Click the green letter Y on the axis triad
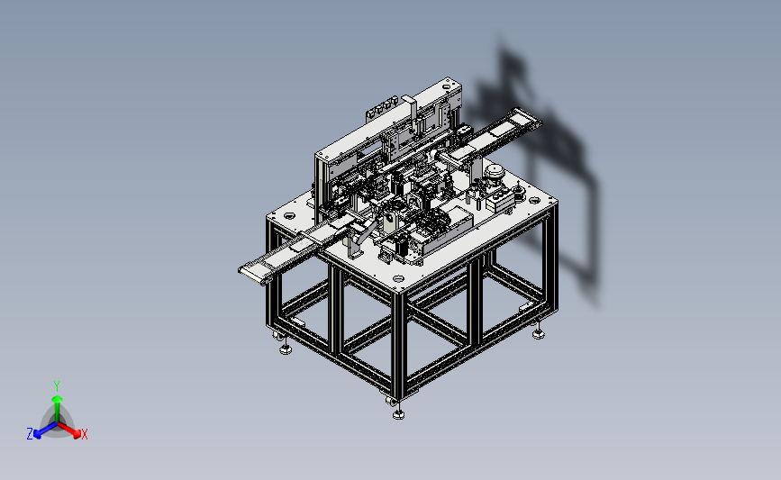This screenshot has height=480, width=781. click(56, 386)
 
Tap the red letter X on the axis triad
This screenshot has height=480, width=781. click(84, 434)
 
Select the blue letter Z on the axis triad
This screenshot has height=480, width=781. click(30, 434)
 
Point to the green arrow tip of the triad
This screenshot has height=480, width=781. click(57, 399)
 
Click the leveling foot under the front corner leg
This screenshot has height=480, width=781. click(398, 413)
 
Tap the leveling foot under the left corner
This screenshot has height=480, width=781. click(286, 349)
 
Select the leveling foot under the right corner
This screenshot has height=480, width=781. click(538, 333)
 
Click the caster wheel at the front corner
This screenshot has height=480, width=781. click(391, 400)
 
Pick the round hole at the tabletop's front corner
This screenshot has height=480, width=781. click(397, 279)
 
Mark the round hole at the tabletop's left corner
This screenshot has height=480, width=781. click(288, 215)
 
